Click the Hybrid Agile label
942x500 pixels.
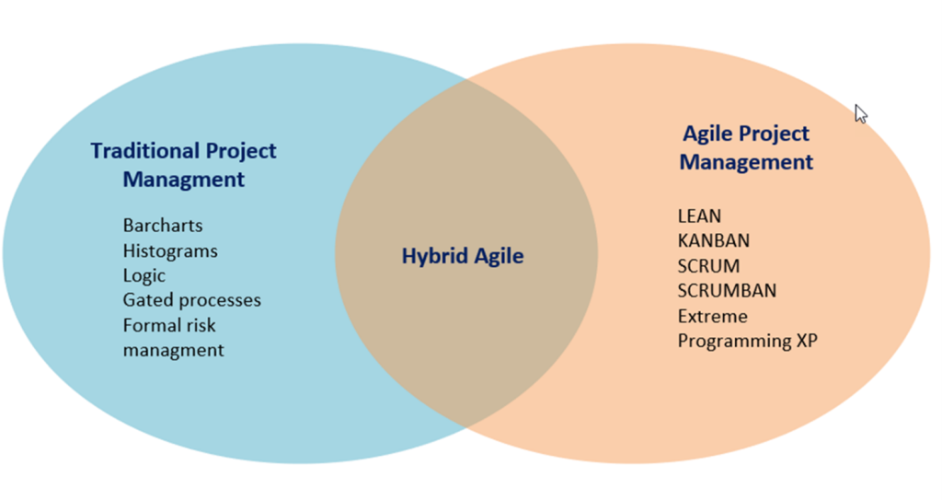pyautogui.click(x=462, y=256)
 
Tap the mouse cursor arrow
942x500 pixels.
pyautogui.click(x=860, y=113)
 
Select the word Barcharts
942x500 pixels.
pyautogui.click(x=163, y=225)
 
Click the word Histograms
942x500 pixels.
pyautogui.click(x=170, y=250)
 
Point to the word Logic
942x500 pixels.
pyautogui.click(x=144, y=275)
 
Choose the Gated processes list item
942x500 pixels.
pyautogui.click(x=191, y=300)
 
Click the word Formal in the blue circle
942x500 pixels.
pyautogui.click(x=151, y=325)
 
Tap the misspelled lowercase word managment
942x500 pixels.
pyautogui.click(x=173, y=350)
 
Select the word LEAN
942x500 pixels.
pyautogui.click(x=699, y=215)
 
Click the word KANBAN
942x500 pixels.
pyautogui.click(x=713, y=240)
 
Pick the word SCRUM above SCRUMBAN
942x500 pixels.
pyautogui.click(x=708, y=266)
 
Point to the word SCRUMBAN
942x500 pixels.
pyautogui.click(x=727, y=291)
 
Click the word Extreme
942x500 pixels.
pyautogui.click(x=712, y=316)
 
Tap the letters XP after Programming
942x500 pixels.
pyautogui.click(x=805, y=341)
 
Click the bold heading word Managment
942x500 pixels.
pyautogui.click(x=184, y=179)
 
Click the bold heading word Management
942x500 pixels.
pyautogui.click(x=746, y=162)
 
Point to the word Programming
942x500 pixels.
pyautogui.click(x=732, y=341)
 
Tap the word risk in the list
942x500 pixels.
pyautogui.click(x=203, y=325)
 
